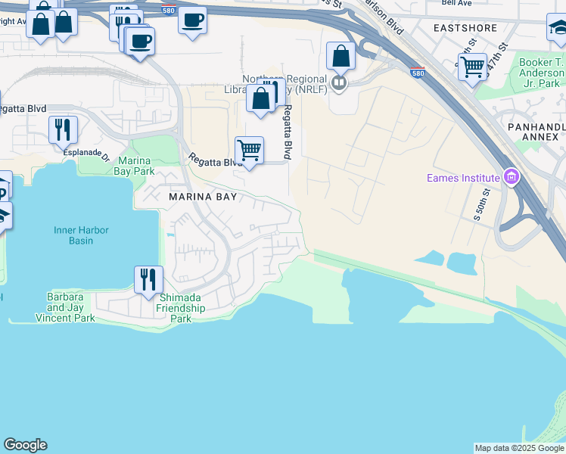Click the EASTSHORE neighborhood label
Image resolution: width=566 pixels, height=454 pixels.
[x=465, y=28]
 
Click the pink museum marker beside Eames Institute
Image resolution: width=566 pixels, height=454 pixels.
[x=512, y=178]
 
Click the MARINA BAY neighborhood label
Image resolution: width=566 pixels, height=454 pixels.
[x=203, y=197]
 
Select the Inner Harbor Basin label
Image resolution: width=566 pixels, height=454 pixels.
[x=81, y=235]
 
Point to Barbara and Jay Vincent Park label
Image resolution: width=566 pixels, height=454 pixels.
[x=65, y=308]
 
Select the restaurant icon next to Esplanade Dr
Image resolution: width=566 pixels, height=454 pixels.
[x=63, y=129]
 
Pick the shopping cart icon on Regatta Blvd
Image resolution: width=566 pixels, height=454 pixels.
[x=249, y=150]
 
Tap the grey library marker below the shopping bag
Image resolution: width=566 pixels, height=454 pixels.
[x=339, y=82]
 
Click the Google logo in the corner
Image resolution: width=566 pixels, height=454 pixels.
[x=25, y=445]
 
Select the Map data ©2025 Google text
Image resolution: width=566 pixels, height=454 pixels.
[x=519, y=448]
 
